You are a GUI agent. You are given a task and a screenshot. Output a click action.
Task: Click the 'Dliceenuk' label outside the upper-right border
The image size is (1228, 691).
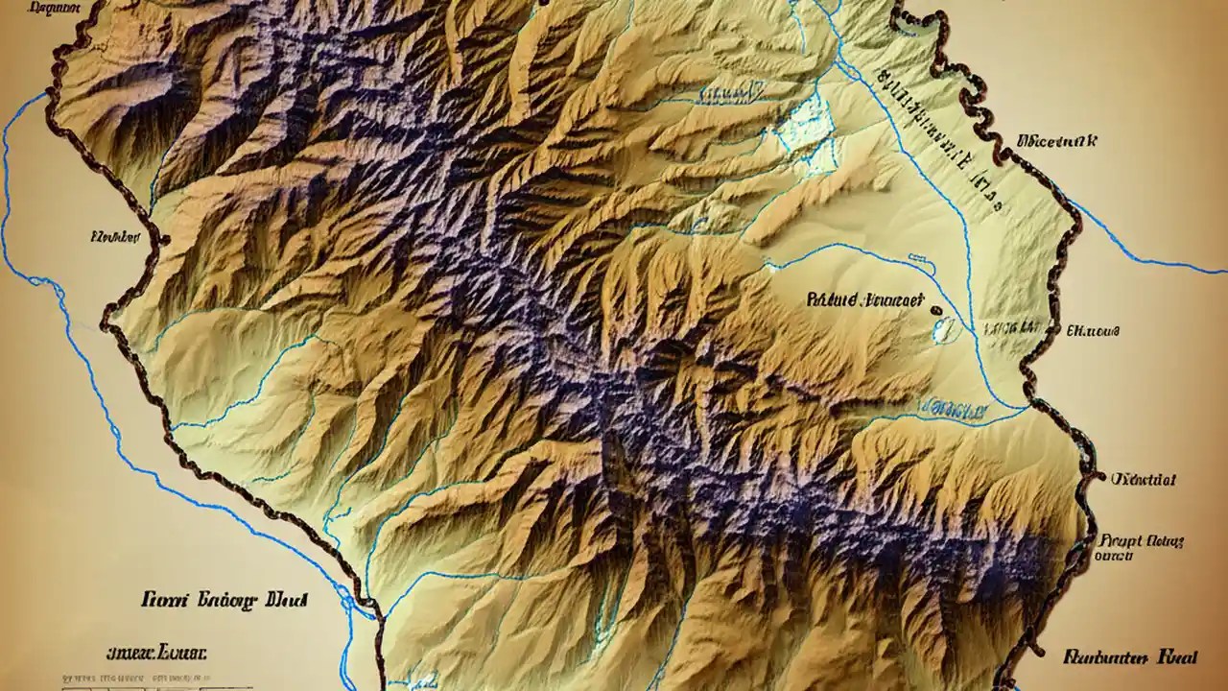1055,141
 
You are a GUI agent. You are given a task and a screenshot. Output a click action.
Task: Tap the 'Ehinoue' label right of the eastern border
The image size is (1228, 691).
1093,330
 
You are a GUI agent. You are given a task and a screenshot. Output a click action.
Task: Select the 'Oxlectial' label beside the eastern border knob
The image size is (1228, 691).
1144,478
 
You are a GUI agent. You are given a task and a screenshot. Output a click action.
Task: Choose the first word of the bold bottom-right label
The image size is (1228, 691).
1102,657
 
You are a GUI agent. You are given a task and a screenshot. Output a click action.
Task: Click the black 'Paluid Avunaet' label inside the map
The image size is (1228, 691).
864,299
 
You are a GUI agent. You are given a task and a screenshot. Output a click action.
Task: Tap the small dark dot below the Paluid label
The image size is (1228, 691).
935,310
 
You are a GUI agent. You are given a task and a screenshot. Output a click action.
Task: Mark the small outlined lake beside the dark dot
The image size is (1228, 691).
944,329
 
